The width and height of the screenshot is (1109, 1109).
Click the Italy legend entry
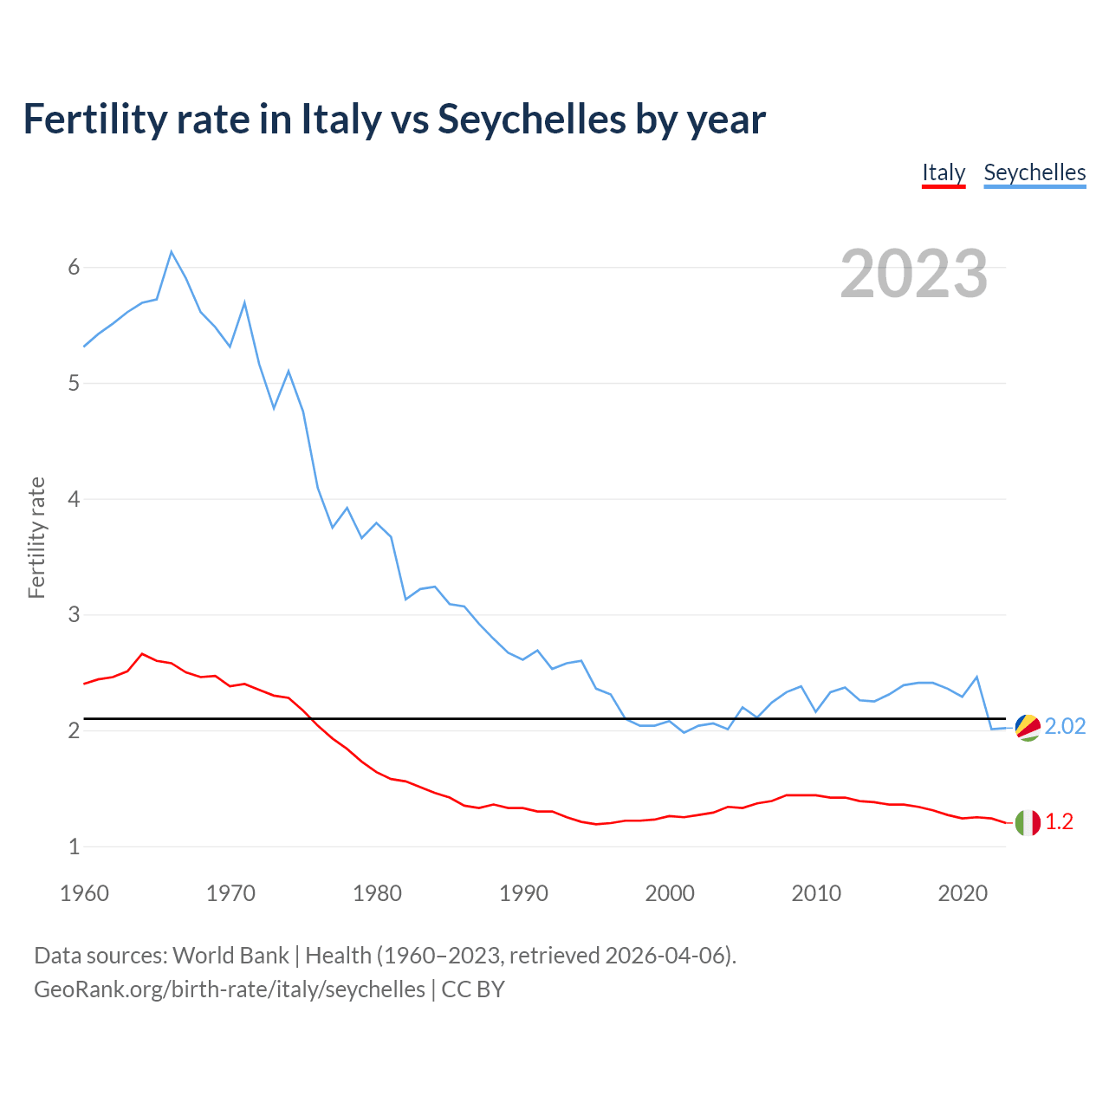pyautogui.click(x=943, y=172)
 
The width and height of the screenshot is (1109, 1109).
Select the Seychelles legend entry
pyautogui.click(x=1034, y=172)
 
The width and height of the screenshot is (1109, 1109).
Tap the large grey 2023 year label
pyautogui.click(x=913, y=274)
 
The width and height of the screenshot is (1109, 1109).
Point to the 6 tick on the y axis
pyautogui.click(x=74, y=267)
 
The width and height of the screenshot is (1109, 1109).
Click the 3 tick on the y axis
pyautogui.click(x=74, y=614)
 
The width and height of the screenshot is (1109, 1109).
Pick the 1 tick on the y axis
pyautogui.click(x=74, y=846)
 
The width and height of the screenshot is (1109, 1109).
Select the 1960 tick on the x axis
pyautogui.click(x=84, y=893)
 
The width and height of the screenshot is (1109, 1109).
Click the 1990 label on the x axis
pyautogui.click(x=523, y=893)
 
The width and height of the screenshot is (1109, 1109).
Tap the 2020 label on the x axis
pyautogui.click(x=963, y=893)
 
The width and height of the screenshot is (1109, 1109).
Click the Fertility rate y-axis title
pyautogui.click(x=36, y=537)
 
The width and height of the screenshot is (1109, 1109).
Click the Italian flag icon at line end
pyautogui.click(x=1028, y=822)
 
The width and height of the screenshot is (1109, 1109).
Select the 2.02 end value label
pyautogui.click(x=1065, y=726)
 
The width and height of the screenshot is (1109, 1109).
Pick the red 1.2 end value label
pyautogui.click(x=1059, y=821)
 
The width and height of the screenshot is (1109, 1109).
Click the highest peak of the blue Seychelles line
pyautogui.click(x=172, y=252)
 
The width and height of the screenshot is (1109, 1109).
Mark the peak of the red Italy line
pyautogui.click(x=142, y=654)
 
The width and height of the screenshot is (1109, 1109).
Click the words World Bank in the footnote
pyautogui.click(x=230, y=955)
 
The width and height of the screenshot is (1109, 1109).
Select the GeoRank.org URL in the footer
pyautogui.click(x=230, y=989)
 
